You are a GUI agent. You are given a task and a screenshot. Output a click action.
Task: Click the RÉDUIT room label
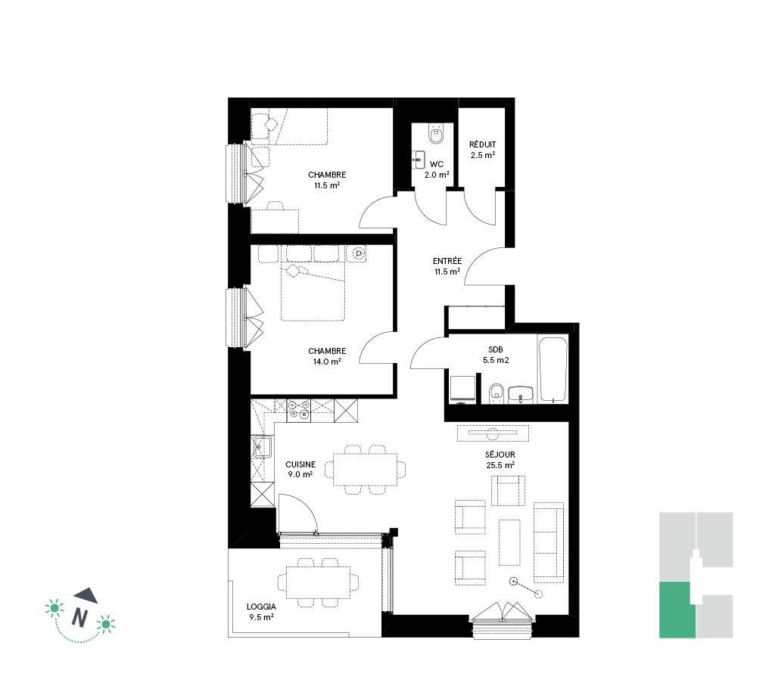[x=483, y=144]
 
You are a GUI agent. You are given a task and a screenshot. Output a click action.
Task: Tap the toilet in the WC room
[x=436, y=133]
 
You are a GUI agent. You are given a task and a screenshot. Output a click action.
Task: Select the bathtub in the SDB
[x=553, y=370]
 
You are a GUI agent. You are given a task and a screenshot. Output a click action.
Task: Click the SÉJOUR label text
[x=500, y=455]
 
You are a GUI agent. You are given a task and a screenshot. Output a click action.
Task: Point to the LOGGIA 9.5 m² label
[x=261, y=612]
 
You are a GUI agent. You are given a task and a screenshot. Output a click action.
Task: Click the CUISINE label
[x=300, y=464]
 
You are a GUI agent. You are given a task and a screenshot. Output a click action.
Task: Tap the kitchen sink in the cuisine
[x=262, y=447]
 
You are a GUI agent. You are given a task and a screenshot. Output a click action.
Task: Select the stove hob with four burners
[x=299, y=411]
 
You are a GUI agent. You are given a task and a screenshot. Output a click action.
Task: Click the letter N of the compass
[x=79, y=617]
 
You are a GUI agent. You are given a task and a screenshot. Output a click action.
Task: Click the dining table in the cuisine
[x=366, y=470]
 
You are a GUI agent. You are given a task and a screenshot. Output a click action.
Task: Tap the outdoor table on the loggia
[x=319, y=582]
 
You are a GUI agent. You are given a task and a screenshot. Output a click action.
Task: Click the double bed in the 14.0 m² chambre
[x=313, y=290]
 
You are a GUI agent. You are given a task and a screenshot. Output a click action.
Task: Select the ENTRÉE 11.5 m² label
[x=447, y=266]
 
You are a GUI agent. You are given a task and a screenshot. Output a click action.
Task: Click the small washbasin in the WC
[x=419, y=160]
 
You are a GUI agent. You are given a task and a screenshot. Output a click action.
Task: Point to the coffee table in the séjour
[x=509, y=542]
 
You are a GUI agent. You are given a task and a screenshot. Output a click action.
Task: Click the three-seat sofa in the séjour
[x=549, y=542]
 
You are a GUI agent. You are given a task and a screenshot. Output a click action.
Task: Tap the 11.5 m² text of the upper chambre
[x=327, y=185]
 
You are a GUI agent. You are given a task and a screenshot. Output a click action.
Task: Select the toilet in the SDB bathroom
[x=497, y=394]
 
